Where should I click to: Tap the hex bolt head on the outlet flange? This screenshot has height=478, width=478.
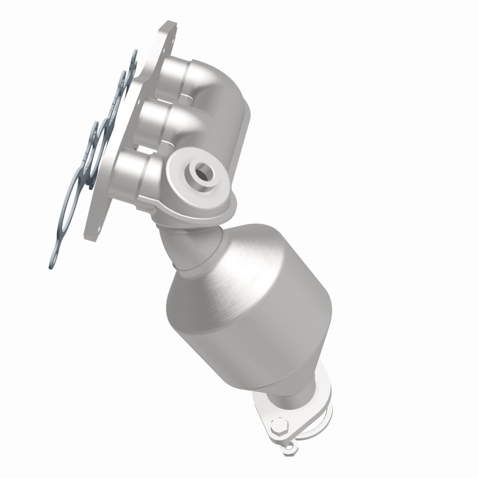[278, 428]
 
